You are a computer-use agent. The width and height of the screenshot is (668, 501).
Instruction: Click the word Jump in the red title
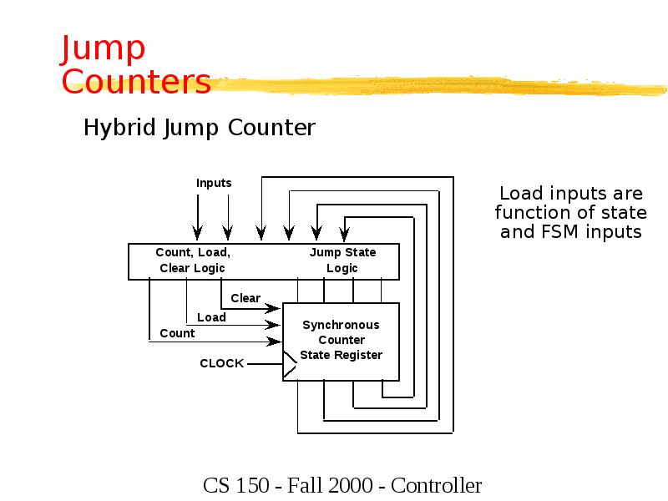pos(104,50)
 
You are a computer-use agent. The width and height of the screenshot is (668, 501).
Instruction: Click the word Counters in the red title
pos(136,82)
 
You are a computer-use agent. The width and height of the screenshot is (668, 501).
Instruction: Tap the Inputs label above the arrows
pos(214,183)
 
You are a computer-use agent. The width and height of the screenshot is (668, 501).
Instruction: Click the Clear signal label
pos(245,298)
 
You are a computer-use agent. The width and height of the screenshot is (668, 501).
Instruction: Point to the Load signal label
pos(211,317)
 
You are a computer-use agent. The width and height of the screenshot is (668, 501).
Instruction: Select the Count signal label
pos(177,333)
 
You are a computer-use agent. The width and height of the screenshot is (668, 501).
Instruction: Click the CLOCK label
pos(221,363)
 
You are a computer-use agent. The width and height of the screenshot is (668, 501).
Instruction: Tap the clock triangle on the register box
pos(289,363)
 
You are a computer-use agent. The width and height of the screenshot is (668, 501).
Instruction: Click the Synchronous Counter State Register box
pos(342,341)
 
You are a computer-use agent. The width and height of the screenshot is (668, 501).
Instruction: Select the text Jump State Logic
pos(342,261)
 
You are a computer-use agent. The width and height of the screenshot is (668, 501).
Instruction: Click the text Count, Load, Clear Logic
pos(193,261)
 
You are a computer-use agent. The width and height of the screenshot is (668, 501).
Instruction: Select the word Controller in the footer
pos(436,485)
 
